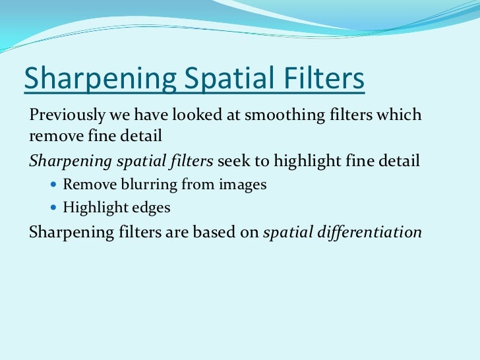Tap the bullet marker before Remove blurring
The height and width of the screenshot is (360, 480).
pyautogui.click(x=54, y=185)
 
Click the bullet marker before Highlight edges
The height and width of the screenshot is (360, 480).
pyautogui.click(x=54, y=208)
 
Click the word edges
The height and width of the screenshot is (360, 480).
pyautogui.click(x=150, y=208)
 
